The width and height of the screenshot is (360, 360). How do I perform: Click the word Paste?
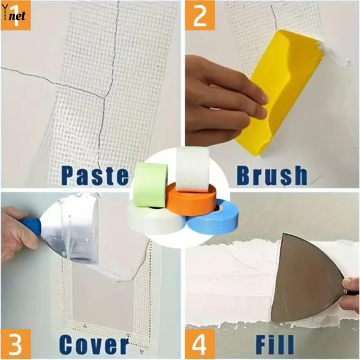click(x=95, y=175)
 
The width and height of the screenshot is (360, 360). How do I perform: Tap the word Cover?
click(x=94, y=346)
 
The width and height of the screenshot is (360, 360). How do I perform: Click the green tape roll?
click(x=150, y=185)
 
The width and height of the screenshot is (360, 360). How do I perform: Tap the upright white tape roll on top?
click(x=193, y=164)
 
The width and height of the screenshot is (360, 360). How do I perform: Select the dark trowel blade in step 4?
click(x=306, y=276)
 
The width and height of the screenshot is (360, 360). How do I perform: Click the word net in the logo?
click(x=18, y=16)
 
